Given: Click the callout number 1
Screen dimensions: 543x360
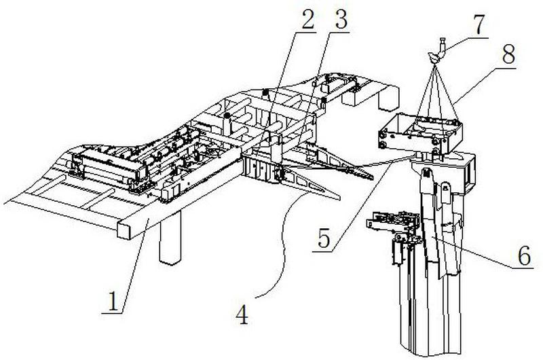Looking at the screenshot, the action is [113, 301].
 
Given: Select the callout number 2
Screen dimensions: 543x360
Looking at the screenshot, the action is [307, 19].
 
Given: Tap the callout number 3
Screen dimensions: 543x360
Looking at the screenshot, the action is [341, 20].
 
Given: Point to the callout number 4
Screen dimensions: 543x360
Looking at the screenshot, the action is [242, 314].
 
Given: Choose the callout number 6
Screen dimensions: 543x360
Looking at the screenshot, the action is [524, 255].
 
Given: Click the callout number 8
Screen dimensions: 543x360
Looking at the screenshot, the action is [508, 54].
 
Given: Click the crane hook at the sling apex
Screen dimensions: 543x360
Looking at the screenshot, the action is [436, 53].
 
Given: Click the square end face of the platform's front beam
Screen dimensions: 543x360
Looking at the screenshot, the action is [124, 230].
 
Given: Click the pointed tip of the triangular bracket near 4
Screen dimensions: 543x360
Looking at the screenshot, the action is [339, 198].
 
